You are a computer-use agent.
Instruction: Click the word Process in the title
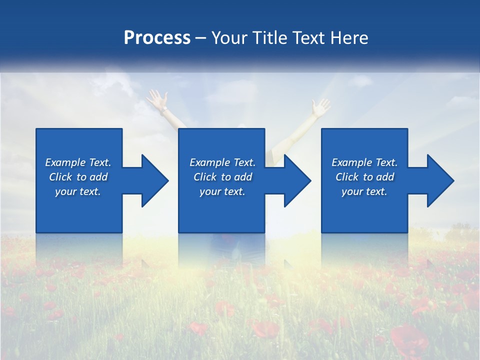157,38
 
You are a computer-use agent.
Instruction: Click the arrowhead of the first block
153,180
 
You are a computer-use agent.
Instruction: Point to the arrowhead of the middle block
296,180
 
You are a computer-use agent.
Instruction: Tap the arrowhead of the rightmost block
439,180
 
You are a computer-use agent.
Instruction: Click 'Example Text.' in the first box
78,162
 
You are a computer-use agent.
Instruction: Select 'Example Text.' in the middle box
222,162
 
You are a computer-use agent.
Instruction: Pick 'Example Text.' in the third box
364,162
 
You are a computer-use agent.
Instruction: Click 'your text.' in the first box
78,191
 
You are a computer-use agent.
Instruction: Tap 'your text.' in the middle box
222,191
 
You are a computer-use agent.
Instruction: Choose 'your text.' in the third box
364,191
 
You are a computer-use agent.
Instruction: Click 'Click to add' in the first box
78,177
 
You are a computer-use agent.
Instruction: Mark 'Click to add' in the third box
364,177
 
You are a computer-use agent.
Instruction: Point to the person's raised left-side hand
156,97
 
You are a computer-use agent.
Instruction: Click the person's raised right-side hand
320,105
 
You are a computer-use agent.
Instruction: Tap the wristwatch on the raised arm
163,108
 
